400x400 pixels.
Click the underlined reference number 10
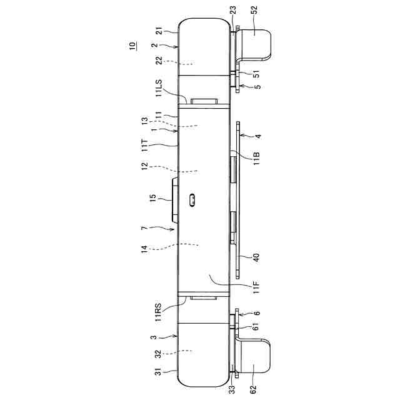point(132,46)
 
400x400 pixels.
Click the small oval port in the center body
point(192,200)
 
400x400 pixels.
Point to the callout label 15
point(152,198)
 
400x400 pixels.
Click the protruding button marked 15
point(175,200)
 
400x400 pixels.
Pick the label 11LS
point(159,88)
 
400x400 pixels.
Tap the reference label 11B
point(256,158)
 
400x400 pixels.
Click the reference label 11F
point(256,287)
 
